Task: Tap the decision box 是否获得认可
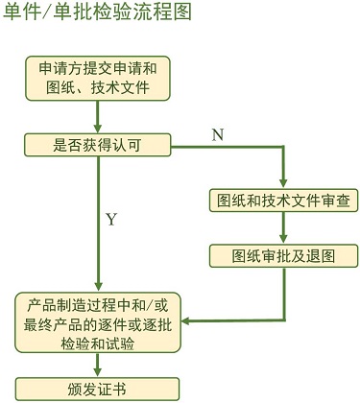[x=99, y=146]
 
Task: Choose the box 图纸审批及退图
[x=284, y=255]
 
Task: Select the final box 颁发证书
[x=99, y=388]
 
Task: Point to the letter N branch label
[x=218, y=135]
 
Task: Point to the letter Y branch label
[x=111, y=220]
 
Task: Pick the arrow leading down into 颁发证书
[x=99, y=366]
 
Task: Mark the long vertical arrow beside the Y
[x=99, y=221]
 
